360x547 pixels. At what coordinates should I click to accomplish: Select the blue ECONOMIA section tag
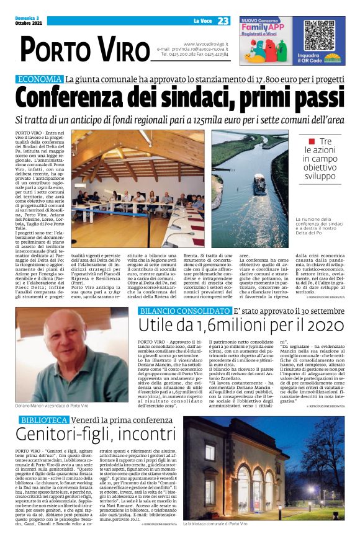(40, 79)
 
